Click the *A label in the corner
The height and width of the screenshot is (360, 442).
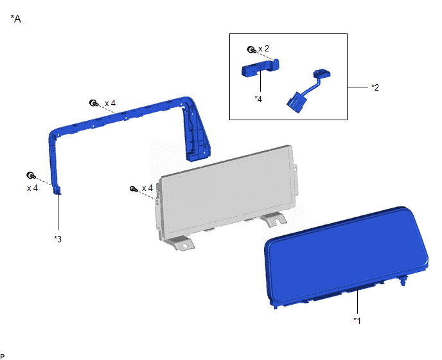tap(16, 19)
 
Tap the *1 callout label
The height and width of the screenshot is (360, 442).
tap(357, 321)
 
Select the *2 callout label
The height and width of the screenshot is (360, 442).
tap(375, 87)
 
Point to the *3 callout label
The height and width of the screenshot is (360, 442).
tap(58, 239)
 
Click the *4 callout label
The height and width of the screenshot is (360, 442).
tap(258, 99)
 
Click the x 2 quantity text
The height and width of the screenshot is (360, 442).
tap(264, 48)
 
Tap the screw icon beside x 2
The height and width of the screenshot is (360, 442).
tap(251, 50)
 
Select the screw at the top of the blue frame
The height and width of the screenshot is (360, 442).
tap(94, 103)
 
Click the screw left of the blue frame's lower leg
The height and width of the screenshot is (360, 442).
tap(31, 175)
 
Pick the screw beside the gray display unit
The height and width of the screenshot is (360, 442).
tap(134, 189)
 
